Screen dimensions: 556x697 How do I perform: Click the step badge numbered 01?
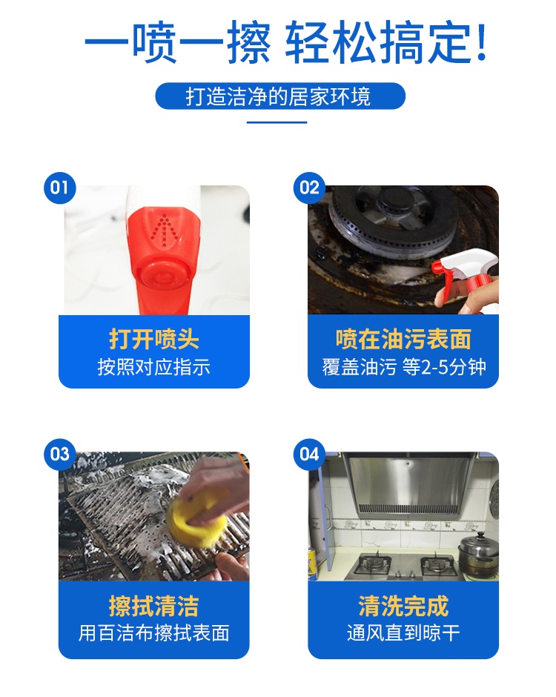click(59, 188)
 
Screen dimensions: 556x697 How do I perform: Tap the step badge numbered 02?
click(309, 188)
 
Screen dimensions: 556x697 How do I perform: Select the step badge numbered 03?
click(59, 454)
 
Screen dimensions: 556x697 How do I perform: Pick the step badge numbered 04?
click(309, 454)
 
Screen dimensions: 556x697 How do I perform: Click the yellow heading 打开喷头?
click(153, 339)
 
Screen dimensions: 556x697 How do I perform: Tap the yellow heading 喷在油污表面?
click(403, 339)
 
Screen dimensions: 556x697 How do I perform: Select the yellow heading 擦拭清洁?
click(153, 606)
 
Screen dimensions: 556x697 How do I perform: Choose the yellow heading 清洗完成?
click(403, 606)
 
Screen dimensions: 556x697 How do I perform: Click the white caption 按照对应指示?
click(153, 367)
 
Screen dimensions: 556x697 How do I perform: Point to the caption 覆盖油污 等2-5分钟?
click(403, 367)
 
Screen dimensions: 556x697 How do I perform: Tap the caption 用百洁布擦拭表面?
click(153, 633)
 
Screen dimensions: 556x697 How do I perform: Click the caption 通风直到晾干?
click(403, 633)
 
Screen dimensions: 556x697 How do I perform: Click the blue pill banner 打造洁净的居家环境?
click(280, 96)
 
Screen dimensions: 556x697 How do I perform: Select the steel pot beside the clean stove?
click(479, 555)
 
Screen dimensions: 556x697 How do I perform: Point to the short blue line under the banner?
click(277, 122)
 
